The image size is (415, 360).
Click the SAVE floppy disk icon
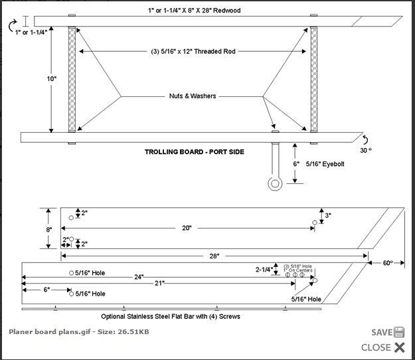(x=398, y=332)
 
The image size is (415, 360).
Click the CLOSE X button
(x=399, y=347)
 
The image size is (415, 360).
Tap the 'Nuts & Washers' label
(x=192, y=96)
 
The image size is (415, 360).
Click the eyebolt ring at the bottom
(x=274, y=183)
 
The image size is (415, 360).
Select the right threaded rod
(x=314, y=80)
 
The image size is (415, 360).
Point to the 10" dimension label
(x=52, y=79)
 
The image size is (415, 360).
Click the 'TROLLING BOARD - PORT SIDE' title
(x=195, y=152)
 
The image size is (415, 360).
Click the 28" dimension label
(x=214, y=255)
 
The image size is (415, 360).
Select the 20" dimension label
(x=187, y=228)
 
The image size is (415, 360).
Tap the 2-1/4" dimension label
(x=264, y=270)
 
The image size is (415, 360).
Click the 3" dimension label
(x=328, y=215)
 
